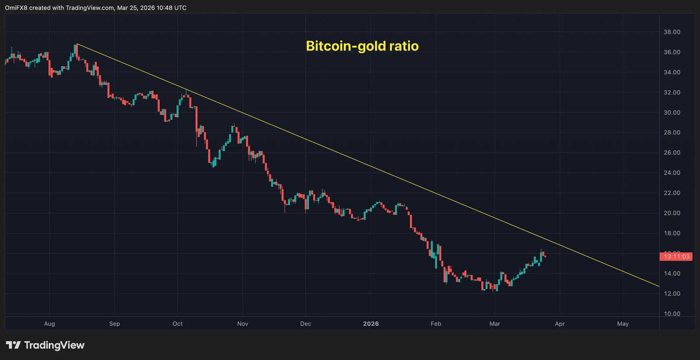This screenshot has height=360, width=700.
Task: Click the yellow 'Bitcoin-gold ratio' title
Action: (362, 46)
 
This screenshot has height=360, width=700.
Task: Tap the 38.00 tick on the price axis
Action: (672, 32)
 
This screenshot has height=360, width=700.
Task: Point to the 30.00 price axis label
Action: (672, 112)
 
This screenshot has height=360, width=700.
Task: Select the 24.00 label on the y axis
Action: (672, 173)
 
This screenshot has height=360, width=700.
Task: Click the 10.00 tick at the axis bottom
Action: (672, 314)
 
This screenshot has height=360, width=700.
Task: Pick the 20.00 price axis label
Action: (672, 213)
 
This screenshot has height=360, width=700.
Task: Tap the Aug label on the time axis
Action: (49, 324)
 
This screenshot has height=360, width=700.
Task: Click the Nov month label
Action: (242, 324)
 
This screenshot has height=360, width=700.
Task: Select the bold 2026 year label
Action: (371, 324)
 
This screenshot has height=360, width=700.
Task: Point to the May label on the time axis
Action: (623, 324)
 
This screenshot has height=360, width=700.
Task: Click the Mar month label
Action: (494, 324)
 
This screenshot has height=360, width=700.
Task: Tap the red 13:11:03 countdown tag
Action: (676, 257)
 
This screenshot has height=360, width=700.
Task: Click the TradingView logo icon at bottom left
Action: (13, 345)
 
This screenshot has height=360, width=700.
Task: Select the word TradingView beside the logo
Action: (54, 345)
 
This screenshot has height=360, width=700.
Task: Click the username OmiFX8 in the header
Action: (16, 8)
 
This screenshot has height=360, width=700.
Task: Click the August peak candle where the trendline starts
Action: (76, 49)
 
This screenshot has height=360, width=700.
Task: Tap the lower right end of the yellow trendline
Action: (658, 286)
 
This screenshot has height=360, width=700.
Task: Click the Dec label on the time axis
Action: (305, 324)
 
